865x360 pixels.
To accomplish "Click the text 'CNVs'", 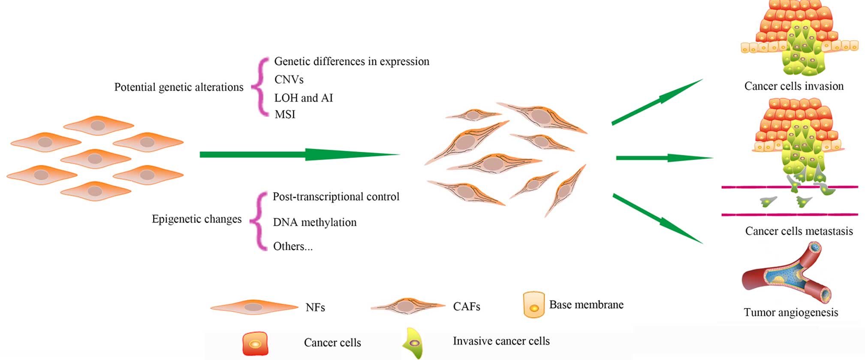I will pyautogui.click(x=289, y=80).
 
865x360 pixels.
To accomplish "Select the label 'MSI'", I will pyautogui.click(x=285, y=115).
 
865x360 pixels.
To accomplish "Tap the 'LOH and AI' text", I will pyautogui.click(x=303, y=98).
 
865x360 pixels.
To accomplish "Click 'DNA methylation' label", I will pyautogui.click(x=314, y=222).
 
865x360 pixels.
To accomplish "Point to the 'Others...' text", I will pyautogui.click(x=292, y=246).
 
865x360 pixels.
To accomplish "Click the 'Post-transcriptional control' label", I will pyautogui.click(x=336, y=197).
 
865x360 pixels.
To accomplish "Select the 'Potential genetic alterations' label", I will pyautogui.click(x=178, y=87).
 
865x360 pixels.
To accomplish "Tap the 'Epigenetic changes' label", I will pyautogui.click(x=196, y=219).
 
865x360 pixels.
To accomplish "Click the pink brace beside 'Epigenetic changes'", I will pyautogui.click(x=259, y=221).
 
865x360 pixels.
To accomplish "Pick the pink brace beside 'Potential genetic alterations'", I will pyautogui.click(x=260, y=87).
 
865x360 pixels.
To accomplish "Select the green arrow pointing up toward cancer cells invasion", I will pyautogui.click(x=657, y=102).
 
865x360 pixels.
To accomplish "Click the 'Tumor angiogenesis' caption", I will pyautogui.click(x=790, y=312).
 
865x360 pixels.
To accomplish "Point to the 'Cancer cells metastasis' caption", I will pyautogui.click(x=799, y=231).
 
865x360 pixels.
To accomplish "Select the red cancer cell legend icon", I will pyautogui.click(x=255, y=344).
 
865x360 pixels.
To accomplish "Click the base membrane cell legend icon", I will pyautogui.click(x=533, y=305).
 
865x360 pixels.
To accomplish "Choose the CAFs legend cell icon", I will pyautogui.click(x=407, y=306).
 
